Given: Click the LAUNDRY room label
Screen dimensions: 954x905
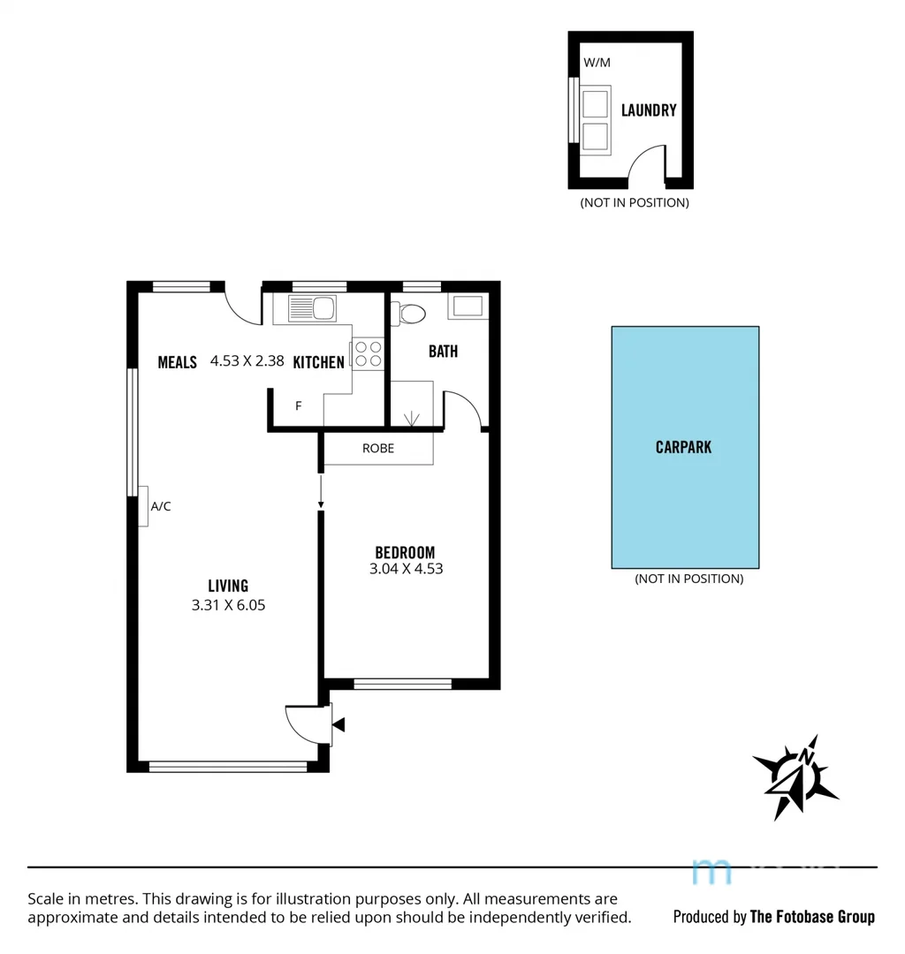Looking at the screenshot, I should [x=649, y=110].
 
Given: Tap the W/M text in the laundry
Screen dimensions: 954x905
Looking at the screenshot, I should [x=597, y=63].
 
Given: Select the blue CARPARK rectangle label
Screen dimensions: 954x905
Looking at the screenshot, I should [x=683, y=447].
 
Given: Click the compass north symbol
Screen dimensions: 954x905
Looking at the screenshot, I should [x=795, y=776].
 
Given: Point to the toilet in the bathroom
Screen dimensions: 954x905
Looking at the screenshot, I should [x=409, y=312].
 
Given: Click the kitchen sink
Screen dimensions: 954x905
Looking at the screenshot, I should [x=312, y=308].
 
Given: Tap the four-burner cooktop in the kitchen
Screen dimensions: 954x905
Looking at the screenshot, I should [x=368, y=353].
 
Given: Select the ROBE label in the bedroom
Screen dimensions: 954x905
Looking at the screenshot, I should [x=378, y=448].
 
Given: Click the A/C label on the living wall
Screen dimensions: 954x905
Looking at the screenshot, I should [x=161, y=506].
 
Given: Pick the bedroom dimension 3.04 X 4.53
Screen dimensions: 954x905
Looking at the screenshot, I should [x=406, y=569].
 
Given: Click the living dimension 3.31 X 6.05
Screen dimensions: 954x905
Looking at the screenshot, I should [x=229, y=605].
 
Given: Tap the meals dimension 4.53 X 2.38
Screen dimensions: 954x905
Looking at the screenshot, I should [x=247, y=360].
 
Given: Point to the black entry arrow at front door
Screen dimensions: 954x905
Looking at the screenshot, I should [x=338, y=725].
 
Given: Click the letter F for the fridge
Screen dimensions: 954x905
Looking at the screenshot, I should [x=299, y=406].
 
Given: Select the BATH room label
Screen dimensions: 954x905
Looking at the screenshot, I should [x=443, y=351].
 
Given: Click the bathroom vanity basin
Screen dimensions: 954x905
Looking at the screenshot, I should [x=467, y=307].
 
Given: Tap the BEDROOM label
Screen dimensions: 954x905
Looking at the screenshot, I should [x=406, y=553].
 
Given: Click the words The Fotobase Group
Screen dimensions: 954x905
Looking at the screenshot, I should [x=812, y=916].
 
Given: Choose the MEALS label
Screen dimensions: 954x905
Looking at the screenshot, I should [x=177, y=361].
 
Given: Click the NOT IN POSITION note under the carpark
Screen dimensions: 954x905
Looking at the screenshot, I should [x=688, y=579].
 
